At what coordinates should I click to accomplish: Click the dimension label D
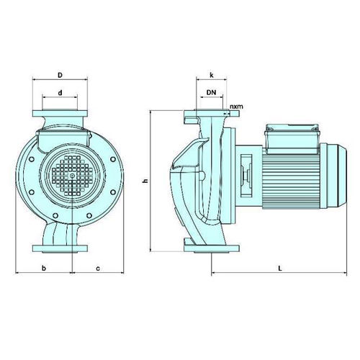(60, 75)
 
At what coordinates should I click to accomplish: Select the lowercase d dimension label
(60, 93)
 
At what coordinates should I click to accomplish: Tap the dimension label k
(212, 75)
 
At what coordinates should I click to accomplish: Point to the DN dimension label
(211, 92)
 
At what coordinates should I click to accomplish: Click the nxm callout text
(236, 107)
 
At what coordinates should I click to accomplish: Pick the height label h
(145, 181)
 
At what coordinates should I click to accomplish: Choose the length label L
(280, 268)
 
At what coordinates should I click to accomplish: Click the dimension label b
(44, 268)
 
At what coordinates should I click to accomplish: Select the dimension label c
(98, 269)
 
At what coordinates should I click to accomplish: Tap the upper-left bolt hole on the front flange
(31, 159)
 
